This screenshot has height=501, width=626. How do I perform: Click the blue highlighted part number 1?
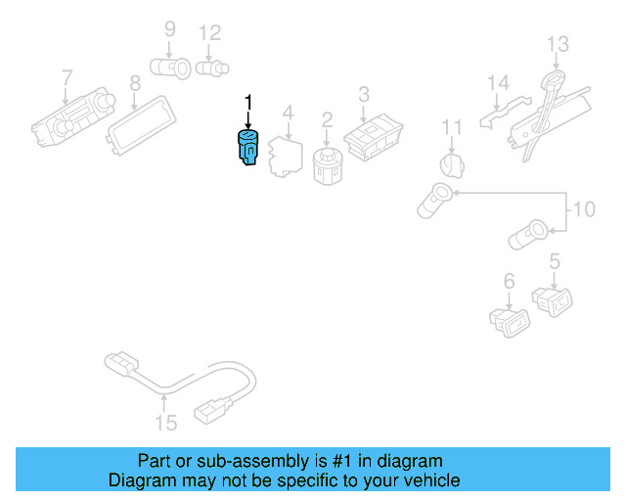[x=247, y=148]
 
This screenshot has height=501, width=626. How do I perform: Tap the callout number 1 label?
[x=248, y=103]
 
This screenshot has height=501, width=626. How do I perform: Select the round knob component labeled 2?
[x=327, y=165]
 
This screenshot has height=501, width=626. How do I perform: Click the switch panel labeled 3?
[x=374, y=138]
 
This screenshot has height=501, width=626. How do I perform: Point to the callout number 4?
[x=288, y=113]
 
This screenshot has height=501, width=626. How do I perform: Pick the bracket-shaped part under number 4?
[x=285, y=157]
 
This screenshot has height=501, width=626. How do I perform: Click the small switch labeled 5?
[x=552, y=301]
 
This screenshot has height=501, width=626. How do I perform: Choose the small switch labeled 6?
[x=510, y=322]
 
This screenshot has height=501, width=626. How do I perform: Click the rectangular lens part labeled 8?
[x=141, y=125]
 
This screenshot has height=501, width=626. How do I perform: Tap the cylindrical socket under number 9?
[x=170, y=68]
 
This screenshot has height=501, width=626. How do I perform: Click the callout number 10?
[x=584, y=209]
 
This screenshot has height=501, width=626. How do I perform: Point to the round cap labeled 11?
[x=452, y=165]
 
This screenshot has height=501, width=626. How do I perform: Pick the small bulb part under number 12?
[x=212, y=68]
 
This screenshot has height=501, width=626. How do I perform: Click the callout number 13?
[x=558, y=44]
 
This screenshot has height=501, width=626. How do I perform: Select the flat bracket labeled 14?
[x=504, y=112]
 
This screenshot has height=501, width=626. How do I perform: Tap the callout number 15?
[x=165, y=423]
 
